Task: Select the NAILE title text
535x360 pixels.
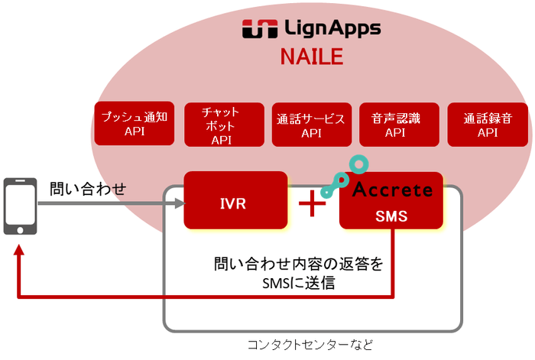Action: click(x=311, y=57)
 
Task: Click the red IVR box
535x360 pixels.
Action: click(x=235, y=200)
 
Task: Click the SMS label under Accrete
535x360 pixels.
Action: click(x=391, y=216)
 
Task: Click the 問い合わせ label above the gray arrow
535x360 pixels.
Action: click(x=87, y=187)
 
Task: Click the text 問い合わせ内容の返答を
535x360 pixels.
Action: click(x=299, y=266)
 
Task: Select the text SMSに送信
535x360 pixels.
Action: click(x=299, y=284)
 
